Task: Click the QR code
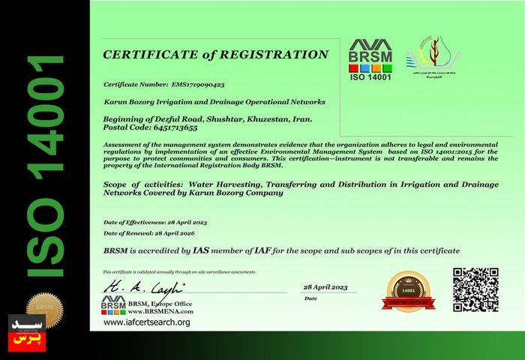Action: coord(475,290)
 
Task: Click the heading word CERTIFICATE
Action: coord(151,55)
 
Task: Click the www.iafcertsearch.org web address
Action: coord(147,322)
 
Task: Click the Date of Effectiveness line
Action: coord(155,223)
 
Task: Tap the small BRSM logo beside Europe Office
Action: coord(113,305)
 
